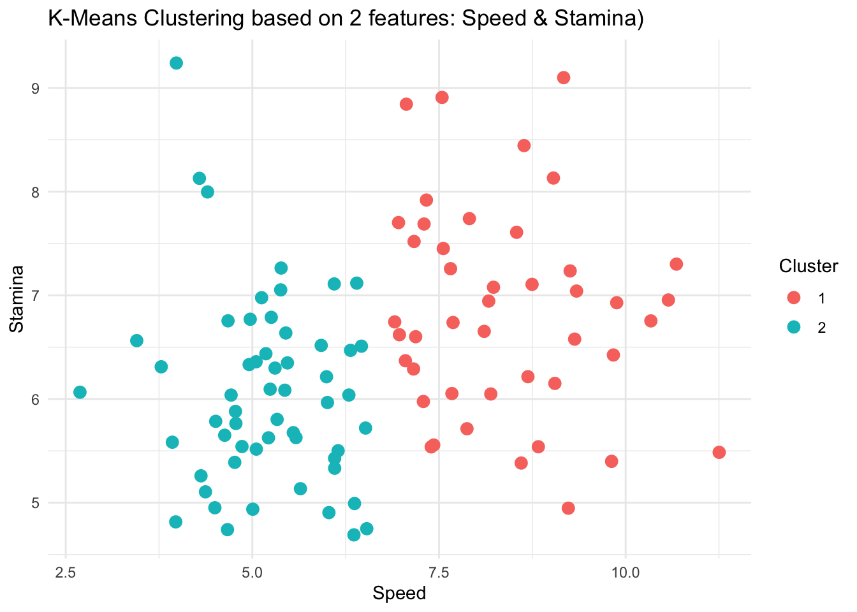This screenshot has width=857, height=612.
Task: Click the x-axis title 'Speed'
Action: (399, 594)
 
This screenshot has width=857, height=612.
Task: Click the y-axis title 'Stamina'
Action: (17, 298)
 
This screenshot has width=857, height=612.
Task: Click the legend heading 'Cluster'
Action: (809, 266)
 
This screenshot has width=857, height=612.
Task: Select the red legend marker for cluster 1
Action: (794, 298)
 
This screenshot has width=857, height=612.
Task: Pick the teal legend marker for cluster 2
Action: (794, 326)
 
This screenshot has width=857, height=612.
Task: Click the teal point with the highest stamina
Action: (177, 63)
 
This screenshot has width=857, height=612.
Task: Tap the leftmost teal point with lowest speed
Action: (80, 392)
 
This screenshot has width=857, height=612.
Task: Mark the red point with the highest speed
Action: (719, 452)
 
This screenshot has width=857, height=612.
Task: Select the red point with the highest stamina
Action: (564, 78)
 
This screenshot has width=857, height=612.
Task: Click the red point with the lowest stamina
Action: (568, 508)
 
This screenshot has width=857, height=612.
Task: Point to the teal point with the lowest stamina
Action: (354, 535)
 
